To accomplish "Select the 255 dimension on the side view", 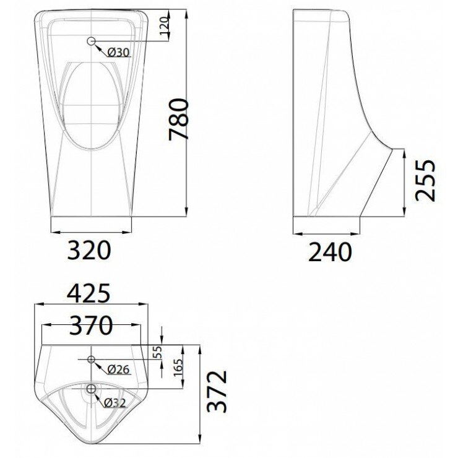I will point(425,181).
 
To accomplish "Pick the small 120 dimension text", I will point(164,25).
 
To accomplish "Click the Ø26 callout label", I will point(118,369).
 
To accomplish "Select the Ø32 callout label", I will point(116,402).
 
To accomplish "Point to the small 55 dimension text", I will point(157,352).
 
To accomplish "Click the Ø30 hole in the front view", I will point(92,41).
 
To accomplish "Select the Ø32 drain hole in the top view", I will point(92,389).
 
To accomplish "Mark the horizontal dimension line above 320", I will point(90,234).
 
